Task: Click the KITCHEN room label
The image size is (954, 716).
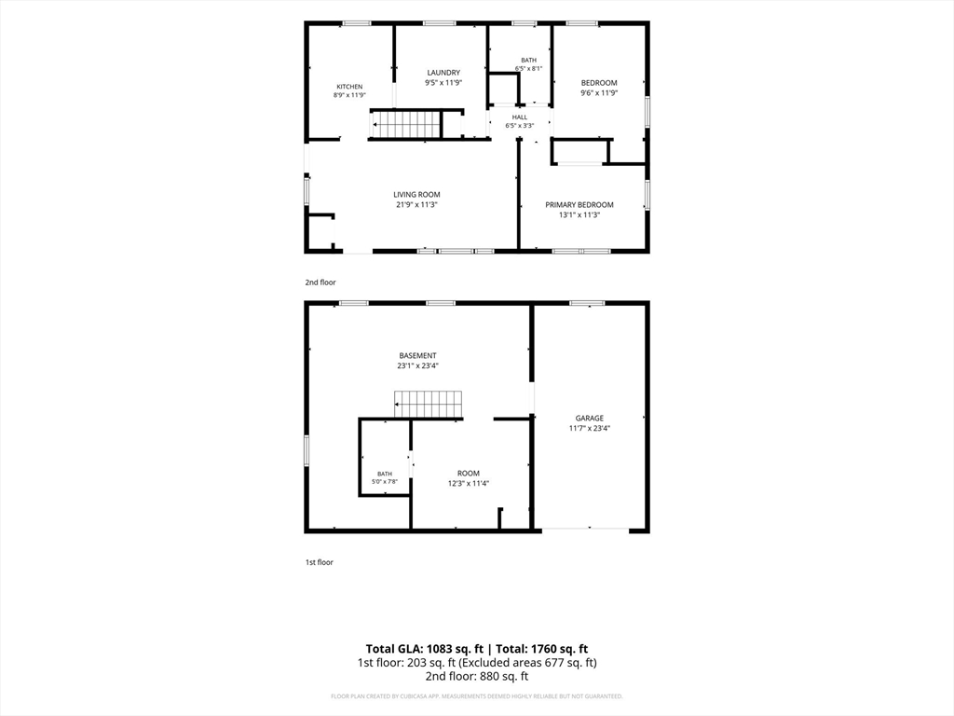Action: pos(349,87)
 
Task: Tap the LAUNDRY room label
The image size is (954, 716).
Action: pos(443,73)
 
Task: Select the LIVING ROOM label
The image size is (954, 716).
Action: pos(416,195)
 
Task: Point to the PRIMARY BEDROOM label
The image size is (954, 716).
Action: pos(579,205)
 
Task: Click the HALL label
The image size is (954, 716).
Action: pos(520,117)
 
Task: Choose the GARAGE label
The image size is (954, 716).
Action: pos(590,419)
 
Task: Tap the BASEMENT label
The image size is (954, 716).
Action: pos(418,355)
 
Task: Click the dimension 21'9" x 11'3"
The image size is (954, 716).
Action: pos(416,205)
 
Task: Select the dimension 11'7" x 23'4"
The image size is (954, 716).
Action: pos(590,428)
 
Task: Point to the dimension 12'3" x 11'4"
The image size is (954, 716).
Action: pos(469,484)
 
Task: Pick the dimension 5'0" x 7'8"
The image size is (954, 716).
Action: pos(385,482)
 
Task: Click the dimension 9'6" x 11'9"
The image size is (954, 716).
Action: pos(599,93)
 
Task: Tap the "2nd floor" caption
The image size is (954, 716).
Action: pos(320,282)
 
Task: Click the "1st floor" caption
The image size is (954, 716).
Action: pos(320,562)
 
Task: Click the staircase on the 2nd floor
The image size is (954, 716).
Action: pos(405,125)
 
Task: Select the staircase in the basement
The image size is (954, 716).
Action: pos(429,405)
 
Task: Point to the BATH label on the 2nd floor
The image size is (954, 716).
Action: pos(529,61)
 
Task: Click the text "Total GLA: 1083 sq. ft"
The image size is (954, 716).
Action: pos(425,649)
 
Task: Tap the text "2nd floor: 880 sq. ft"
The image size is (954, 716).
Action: pos(477,677)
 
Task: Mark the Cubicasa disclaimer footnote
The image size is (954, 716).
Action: pos(477,696)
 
